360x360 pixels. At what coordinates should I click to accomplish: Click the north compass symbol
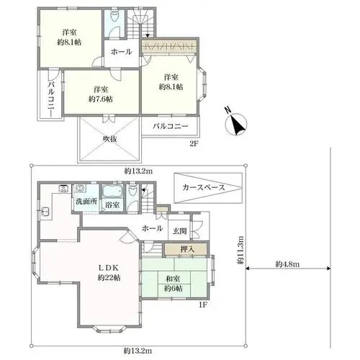coord(236,124)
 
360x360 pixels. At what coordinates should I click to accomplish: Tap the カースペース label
coord(204,187)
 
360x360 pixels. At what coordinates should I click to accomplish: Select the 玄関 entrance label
coord(180,231)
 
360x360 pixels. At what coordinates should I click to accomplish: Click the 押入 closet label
coord(187,250)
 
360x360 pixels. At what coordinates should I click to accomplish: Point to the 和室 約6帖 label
coord(174,284)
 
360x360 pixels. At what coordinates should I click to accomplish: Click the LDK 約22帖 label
coord(109,273)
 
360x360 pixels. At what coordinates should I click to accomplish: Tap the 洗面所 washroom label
coord(86,201)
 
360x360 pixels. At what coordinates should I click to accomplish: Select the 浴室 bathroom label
coord(112,205)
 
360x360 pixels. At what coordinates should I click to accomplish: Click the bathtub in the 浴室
coord(112,192)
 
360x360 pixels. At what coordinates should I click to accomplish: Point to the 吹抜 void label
coord(110,139)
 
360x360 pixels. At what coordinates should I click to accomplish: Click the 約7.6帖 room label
coord(101,99)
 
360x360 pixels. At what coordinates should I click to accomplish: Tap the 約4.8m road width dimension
coord(287,264)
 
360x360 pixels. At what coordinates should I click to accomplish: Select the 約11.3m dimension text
coord(241,250)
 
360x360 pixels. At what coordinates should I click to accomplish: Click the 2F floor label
coord(194,144)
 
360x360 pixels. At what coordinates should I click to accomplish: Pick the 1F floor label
coord(202,305)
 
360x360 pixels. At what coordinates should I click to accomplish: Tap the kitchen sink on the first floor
coord(45,212)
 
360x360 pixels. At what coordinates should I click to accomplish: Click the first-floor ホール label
coord(153,228)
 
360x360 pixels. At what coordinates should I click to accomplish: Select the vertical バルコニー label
coord(51,99)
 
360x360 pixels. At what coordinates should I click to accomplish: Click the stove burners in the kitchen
coord(64,189)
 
